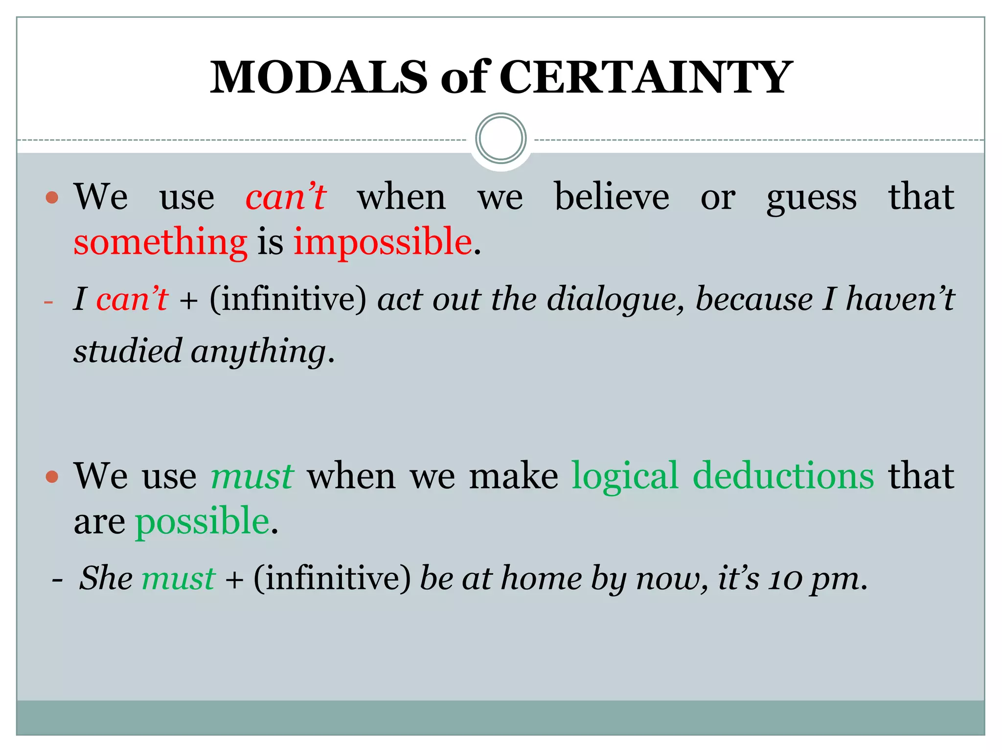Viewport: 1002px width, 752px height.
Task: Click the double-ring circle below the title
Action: (501, 138)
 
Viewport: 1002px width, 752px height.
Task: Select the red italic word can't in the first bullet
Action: (286, 197)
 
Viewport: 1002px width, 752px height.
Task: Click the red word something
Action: (160, 242)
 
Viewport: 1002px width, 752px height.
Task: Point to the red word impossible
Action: (383, 242)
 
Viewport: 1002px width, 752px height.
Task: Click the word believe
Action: (612, 197)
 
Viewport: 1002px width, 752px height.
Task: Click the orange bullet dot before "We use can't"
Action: (52, 198)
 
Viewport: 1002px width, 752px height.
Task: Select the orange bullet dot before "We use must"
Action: (52, 476)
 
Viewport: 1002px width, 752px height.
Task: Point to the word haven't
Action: (900, 299)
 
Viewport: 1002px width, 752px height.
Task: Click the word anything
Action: (258, 352)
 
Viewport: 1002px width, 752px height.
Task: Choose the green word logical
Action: (625, 475)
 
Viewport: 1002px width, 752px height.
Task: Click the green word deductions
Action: (783, 475)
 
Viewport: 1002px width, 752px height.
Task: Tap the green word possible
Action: (202, 521)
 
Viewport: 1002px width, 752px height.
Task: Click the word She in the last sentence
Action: (106, 578)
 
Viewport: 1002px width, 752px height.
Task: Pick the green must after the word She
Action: (178, 578)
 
